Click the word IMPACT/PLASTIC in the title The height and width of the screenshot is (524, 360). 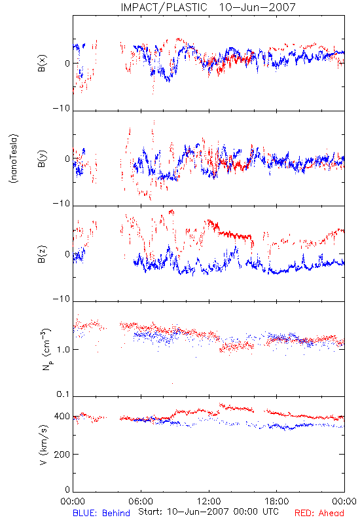[x=164, y=7]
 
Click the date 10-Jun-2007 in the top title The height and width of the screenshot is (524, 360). [x=257, y=7]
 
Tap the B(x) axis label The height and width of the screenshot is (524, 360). [x=42, y=63]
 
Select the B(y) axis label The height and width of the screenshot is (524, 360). [x=42, y=159]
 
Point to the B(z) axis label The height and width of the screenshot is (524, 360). [x=42, y=254]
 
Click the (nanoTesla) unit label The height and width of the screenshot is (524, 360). [x=14, y=159]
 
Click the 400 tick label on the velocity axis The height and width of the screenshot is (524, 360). [x=62, y=417]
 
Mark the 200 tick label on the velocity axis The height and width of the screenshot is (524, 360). [x=62, y=455]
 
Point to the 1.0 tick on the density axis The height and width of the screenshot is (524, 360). [x=63, y=350]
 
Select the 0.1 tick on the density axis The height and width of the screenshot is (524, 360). [x=63, y=394]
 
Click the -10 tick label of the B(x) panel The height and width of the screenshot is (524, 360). [x=62, y=108]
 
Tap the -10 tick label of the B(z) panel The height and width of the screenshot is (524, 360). [x=62, y=299]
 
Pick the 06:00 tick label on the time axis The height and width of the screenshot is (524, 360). [x=141, y=501]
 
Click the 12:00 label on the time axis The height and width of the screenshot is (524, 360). [x=209, y=501]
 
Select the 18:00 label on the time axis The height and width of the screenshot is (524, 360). [x=277, y=501]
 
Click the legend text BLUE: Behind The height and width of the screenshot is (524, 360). [x=101, y=513]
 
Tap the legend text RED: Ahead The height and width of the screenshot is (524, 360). [x=319, y=513]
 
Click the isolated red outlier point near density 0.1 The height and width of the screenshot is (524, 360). [x=172, y=383]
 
